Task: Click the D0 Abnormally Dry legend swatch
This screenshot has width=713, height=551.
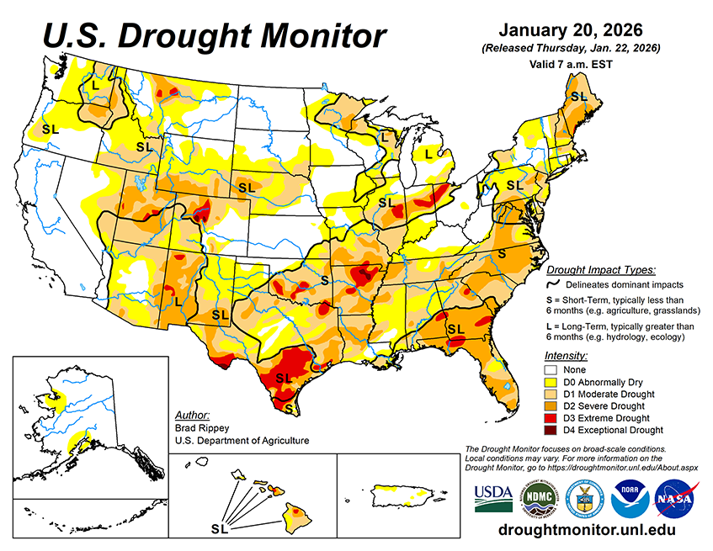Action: [552, 381]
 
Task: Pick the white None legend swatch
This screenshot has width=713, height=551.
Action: [552, 368]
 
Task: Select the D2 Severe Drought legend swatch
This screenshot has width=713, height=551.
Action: [552, 406]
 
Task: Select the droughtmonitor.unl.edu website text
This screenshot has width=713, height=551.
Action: [586, 530]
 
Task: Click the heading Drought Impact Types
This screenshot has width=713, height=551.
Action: [600, 270]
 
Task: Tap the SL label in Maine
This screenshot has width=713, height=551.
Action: [578, 97]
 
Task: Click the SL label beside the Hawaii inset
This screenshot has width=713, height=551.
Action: [220, 529]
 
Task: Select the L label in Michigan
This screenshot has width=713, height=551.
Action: [428, 154]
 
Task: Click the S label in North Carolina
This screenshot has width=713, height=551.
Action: [502, 252]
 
